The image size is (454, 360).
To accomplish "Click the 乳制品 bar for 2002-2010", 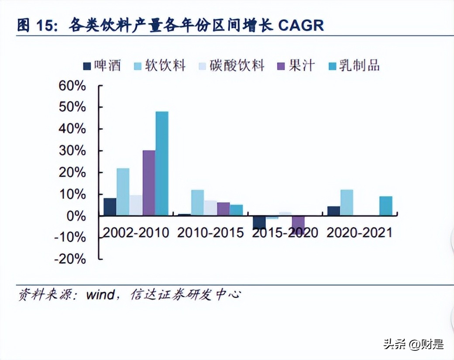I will pos(162,163).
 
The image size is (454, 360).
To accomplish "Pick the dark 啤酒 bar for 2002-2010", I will pos(110,207).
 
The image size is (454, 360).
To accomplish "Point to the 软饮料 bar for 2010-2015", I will pos(197,202).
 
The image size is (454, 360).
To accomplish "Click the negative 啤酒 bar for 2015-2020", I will pos(259,222).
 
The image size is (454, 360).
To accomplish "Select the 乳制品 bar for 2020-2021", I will pos(385,206).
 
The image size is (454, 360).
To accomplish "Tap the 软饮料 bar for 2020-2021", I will pos(347,202).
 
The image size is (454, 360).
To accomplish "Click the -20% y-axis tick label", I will pos(70,259).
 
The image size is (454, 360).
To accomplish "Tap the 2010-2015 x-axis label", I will pos(210,232).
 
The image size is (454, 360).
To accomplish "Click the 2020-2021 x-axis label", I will pos(359,232).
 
